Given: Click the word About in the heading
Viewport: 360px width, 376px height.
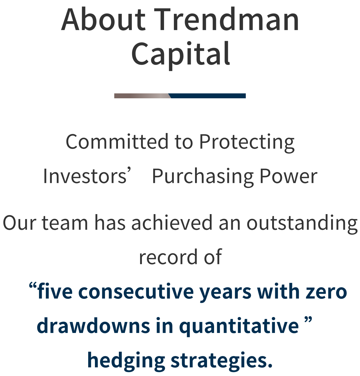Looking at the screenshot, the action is (x=103, y=19).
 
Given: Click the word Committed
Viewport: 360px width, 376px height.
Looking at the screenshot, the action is (x=117, y=141).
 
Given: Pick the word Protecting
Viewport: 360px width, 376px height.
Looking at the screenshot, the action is (x=247, y=143).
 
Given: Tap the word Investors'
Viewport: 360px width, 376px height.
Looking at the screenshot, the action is (x=87, y=176).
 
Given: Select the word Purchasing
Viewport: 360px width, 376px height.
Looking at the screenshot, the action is (x=203, y=177).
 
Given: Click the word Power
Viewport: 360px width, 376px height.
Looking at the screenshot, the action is (x=288, y=176).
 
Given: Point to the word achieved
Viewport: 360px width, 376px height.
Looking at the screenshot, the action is (x=172, y=223).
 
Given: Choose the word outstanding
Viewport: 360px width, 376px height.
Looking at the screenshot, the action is (x=302, y=224).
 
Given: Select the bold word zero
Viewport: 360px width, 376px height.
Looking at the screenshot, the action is (x=327, y=292).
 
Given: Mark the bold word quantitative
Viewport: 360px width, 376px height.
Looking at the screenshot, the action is (x=239, y=327).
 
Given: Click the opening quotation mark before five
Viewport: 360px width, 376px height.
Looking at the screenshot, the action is (x=33, y=286).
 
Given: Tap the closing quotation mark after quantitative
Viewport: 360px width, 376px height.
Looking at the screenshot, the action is (x=308, y=320).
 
